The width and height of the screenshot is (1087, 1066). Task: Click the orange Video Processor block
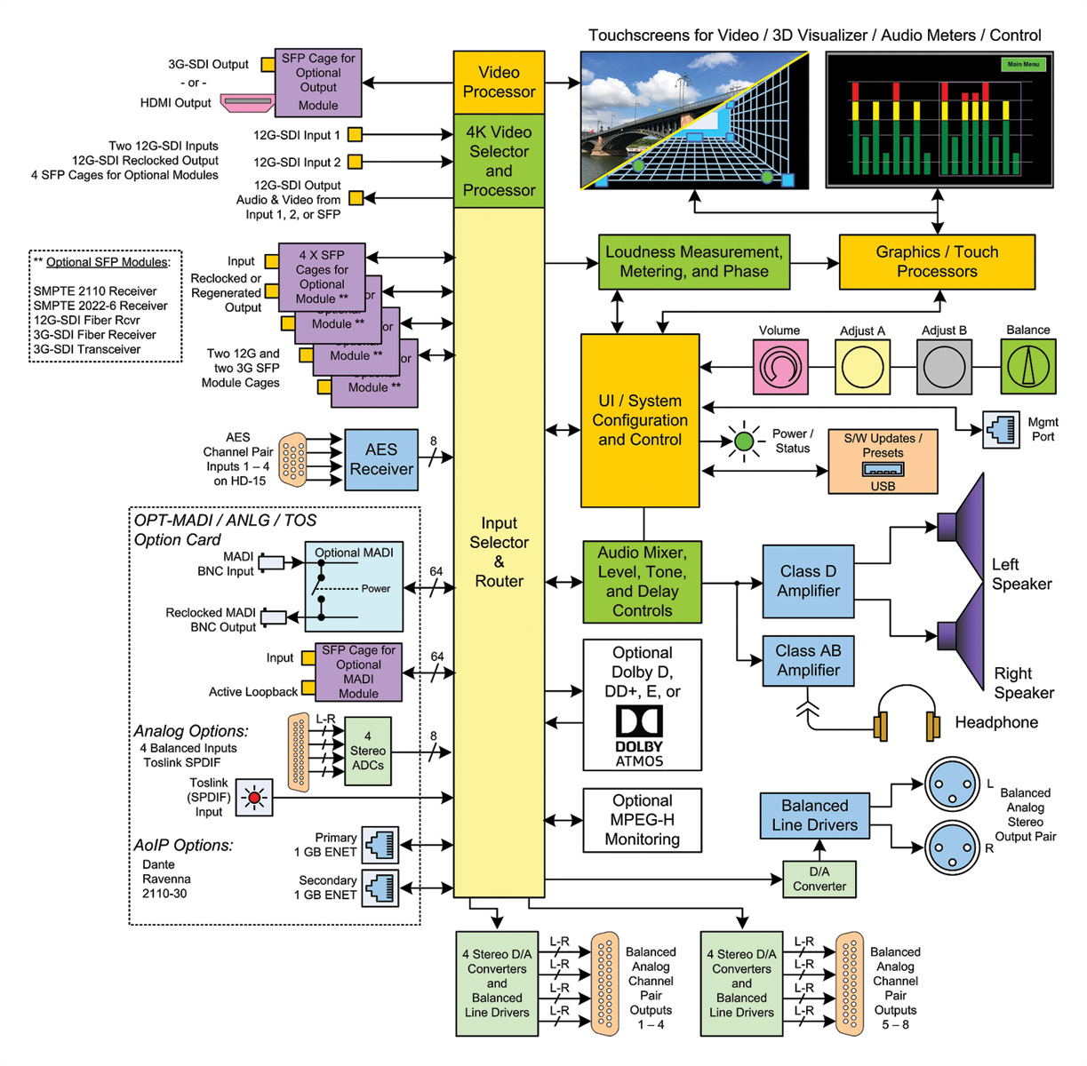click(499, 82)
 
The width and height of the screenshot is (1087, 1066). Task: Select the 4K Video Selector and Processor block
click(499, 161)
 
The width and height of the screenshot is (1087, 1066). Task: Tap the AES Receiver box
click(381, 459)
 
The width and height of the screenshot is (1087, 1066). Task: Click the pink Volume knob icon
click(780, 367)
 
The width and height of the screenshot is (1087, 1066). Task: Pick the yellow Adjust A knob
click(862, 367)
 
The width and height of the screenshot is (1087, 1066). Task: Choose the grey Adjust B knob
click(944, 367)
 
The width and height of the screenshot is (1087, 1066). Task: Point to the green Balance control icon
click(1028, 367)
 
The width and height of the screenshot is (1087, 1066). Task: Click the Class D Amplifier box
click(808, 581)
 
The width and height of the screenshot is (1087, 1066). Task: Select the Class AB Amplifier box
click(808, 661)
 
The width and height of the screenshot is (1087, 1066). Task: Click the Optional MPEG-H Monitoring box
click(642, 820)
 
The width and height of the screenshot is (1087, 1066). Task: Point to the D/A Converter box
click(819, 879)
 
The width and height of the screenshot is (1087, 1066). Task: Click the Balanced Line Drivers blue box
click(814, 815)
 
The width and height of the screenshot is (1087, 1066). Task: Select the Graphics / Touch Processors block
click(937, 262)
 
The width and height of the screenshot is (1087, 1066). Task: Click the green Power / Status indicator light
click(744, 441)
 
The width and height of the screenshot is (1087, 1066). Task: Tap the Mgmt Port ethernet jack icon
click(1002, 430)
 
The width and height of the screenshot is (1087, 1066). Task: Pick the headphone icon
click(906, 715)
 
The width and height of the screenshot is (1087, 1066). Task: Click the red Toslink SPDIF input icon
click(254, 798)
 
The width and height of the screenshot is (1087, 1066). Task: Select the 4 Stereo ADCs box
click(367, 752)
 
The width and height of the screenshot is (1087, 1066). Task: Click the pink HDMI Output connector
click(247, 103)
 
